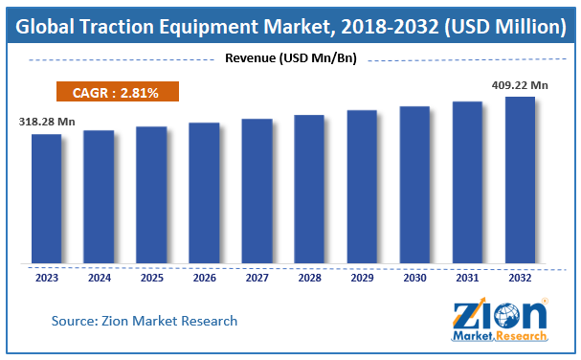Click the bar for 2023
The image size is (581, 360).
coord(46,198)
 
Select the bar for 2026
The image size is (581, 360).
coord(204,192)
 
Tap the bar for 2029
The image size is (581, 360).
coord(362,186)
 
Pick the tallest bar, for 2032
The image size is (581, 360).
coord(520,179)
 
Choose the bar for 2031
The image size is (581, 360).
coord(467,182)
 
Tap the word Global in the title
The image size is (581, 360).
coord(48,25)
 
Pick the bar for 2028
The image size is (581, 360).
coord(309,189)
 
